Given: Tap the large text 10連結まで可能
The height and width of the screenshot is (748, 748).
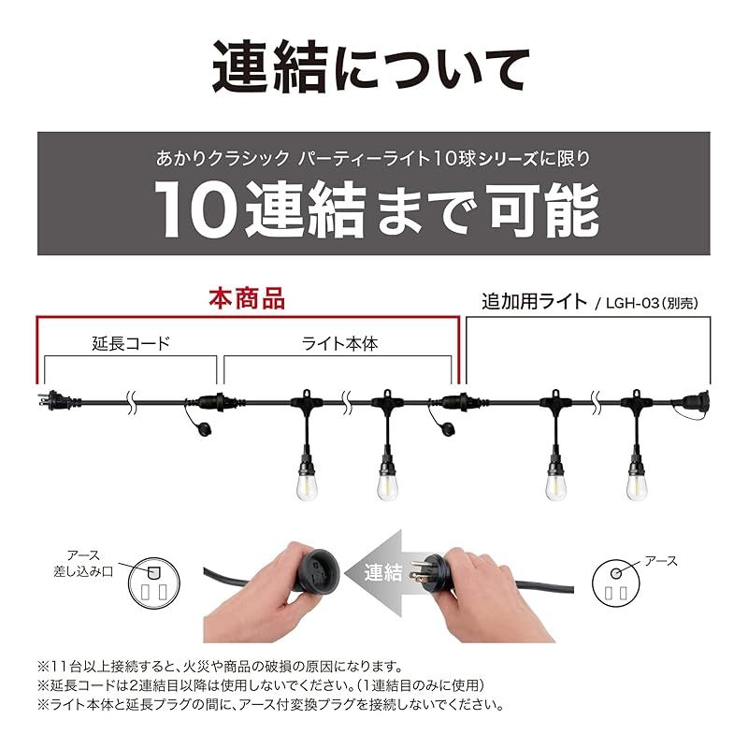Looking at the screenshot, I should point(375,206).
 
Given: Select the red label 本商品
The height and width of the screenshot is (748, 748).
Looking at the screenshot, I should point(246,299).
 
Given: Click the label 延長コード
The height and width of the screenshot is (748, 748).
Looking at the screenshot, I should point(132,343).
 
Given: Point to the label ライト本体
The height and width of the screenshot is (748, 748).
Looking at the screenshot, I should point(339,343).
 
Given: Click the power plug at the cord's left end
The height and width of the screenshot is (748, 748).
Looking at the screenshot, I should point(50,399).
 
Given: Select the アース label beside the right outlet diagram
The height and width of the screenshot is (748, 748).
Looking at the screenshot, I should point(660,561).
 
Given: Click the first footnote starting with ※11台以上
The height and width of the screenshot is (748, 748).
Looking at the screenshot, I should point(220,667).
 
